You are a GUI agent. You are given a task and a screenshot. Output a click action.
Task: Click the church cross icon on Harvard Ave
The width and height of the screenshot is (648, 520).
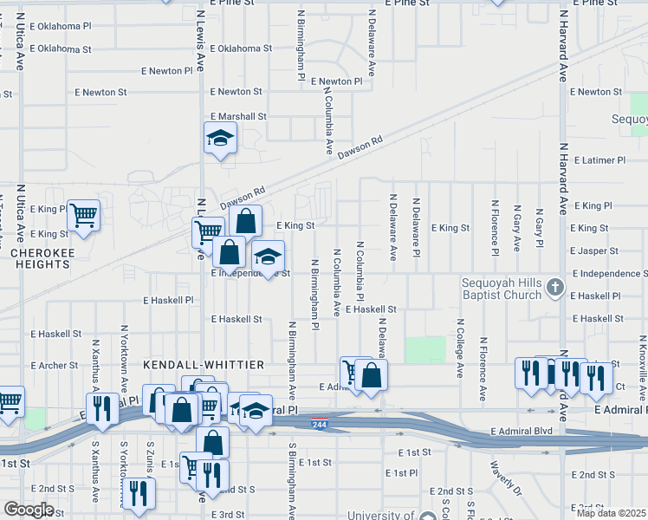[555, 288]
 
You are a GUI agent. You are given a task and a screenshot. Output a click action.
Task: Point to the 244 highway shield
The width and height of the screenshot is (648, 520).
[321, 420]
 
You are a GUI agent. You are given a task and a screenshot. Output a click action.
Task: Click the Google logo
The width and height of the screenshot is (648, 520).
[29, 510]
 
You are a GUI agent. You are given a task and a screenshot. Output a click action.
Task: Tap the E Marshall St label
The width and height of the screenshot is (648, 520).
[238, 116]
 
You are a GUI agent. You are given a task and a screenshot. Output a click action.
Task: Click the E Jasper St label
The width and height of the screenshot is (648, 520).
[594, 250]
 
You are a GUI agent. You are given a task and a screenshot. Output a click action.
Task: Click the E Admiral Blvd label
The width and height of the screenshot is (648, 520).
[521, 431]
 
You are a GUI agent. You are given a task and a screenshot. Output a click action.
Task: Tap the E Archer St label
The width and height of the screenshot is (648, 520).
[55, 366]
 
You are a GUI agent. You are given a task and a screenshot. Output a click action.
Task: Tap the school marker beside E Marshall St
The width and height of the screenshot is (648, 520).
[220, 137]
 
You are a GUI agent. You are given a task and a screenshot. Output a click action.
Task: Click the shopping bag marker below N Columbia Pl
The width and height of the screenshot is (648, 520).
[371, 374]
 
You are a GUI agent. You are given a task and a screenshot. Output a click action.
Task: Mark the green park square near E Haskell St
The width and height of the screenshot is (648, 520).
[425, 350]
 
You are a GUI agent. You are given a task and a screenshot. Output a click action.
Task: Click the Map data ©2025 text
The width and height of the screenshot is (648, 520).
[611, 513]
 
